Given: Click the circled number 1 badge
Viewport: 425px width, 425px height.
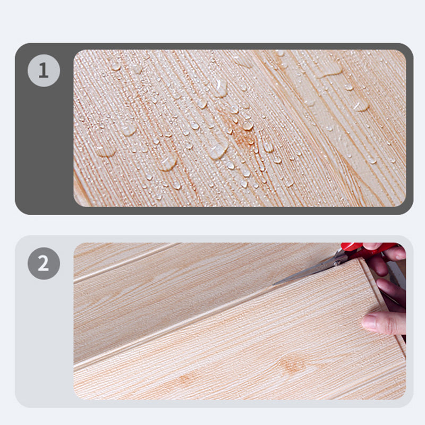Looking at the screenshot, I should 44,71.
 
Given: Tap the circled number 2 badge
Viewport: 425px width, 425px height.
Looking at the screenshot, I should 44,263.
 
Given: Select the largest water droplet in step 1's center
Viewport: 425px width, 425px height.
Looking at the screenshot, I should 217,151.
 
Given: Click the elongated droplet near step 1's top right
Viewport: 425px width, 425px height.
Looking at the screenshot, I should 330,71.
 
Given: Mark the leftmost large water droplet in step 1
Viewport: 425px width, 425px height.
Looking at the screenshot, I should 105,151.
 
